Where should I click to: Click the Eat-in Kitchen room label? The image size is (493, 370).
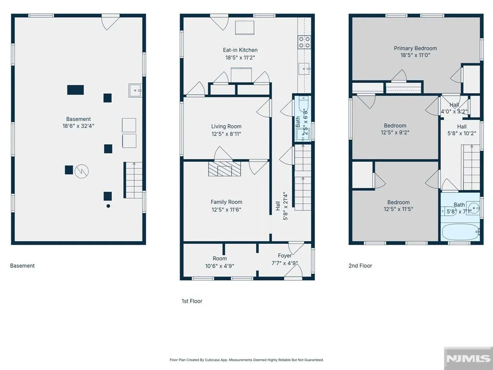pos(240,50)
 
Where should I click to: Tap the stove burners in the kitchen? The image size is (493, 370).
pos(304,42)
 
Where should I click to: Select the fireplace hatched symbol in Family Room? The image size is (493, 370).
pos(224,169)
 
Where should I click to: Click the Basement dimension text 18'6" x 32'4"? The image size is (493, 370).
pos(78,126)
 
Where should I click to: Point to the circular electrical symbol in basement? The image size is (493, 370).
pos(81,171)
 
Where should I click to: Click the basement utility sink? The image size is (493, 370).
pos(135,90)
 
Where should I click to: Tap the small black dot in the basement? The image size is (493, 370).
pos(108,206)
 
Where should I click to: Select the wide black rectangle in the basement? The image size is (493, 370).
pos(76,90)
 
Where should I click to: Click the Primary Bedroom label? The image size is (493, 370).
pos(415,48)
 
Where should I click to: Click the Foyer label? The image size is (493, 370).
pos(285,256)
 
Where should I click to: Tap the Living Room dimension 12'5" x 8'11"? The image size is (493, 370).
pos(226,134)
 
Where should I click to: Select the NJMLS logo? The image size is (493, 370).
pos(468,358)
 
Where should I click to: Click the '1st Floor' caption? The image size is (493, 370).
pos(192,301)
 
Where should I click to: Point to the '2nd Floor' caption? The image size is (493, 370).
pos(360,265)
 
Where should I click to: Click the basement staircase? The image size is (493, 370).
pos(133,180)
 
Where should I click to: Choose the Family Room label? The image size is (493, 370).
pos(226,202)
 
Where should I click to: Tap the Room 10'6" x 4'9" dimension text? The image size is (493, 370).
pos(220,266)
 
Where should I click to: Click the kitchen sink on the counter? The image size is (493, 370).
pos(304,68)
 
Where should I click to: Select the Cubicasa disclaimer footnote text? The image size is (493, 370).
pos(246,360)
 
